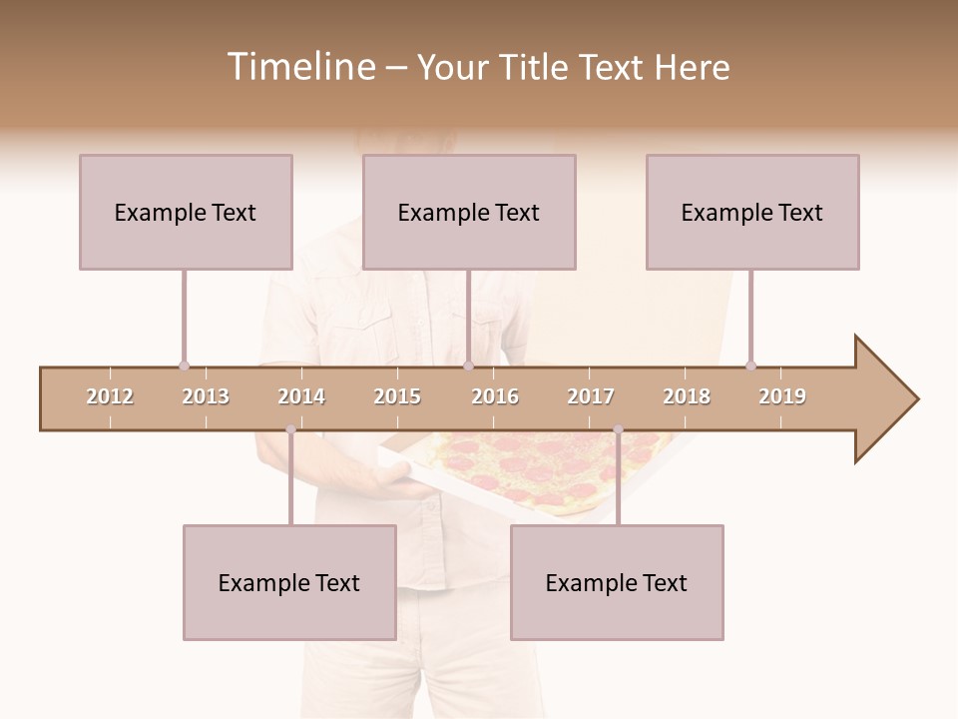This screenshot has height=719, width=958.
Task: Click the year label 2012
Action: click(110, 396)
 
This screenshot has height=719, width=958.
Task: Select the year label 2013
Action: click(206, 396)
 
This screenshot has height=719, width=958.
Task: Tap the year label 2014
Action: click(301, 396)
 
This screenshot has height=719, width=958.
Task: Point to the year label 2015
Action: click(397, 396)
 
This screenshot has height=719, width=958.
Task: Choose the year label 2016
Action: click(495, 396)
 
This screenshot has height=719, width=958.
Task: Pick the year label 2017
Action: click(591, 396)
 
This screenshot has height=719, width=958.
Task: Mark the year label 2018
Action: click(687, 396)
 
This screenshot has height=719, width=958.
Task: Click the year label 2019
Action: click(782, 396)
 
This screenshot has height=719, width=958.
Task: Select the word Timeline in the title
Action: click(298, 67)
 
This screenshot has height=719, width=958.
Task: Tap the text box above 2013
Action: click(186, 212)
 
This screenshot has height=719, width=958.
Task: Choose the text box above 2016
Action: click(469, 212)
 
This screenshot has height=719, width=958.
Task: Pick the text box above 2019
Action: click(752, 212)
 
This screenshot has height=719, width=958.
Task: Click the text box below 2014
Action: click(289, 582)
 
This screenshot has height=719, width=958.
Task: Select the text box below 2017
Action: click(617, 582)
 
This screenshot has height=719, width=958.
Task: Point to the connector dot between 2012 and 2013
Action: click(184, 365)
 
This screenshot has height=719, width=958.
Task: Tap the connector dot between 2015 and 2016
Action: click(468, 365)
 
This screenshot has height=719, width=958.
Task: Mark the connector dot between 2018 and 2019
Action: click(750, 365)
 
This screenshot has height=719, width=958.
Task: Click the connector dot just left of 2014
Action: click(290, 430)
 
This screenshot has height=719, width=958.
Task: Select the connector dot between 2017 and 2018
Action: click(618, 430)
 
